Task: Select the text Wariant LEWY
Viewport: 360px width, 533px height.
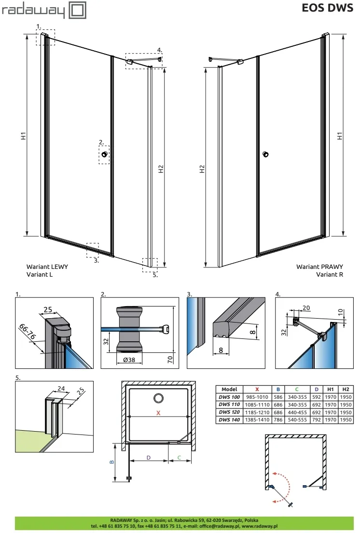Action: pos(47,266)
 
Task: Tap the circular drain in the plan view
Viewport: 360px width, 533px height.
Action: pos(158,398)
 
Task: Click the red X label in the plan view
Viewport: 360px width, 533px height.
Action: pos(158,413)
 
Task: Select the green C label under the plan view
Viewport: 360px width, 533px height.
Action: pos(180,457)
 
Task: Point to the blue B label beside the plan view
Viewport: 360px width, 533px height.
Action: pos(111,462)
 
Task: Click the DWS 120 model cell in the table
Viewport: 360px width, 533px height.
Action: pos(229,413)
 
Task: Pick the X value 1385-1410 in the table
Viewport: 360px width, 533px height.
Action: pos(257,420)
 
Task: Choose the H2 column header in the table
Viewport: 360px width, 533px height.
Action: pos(346,389)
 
